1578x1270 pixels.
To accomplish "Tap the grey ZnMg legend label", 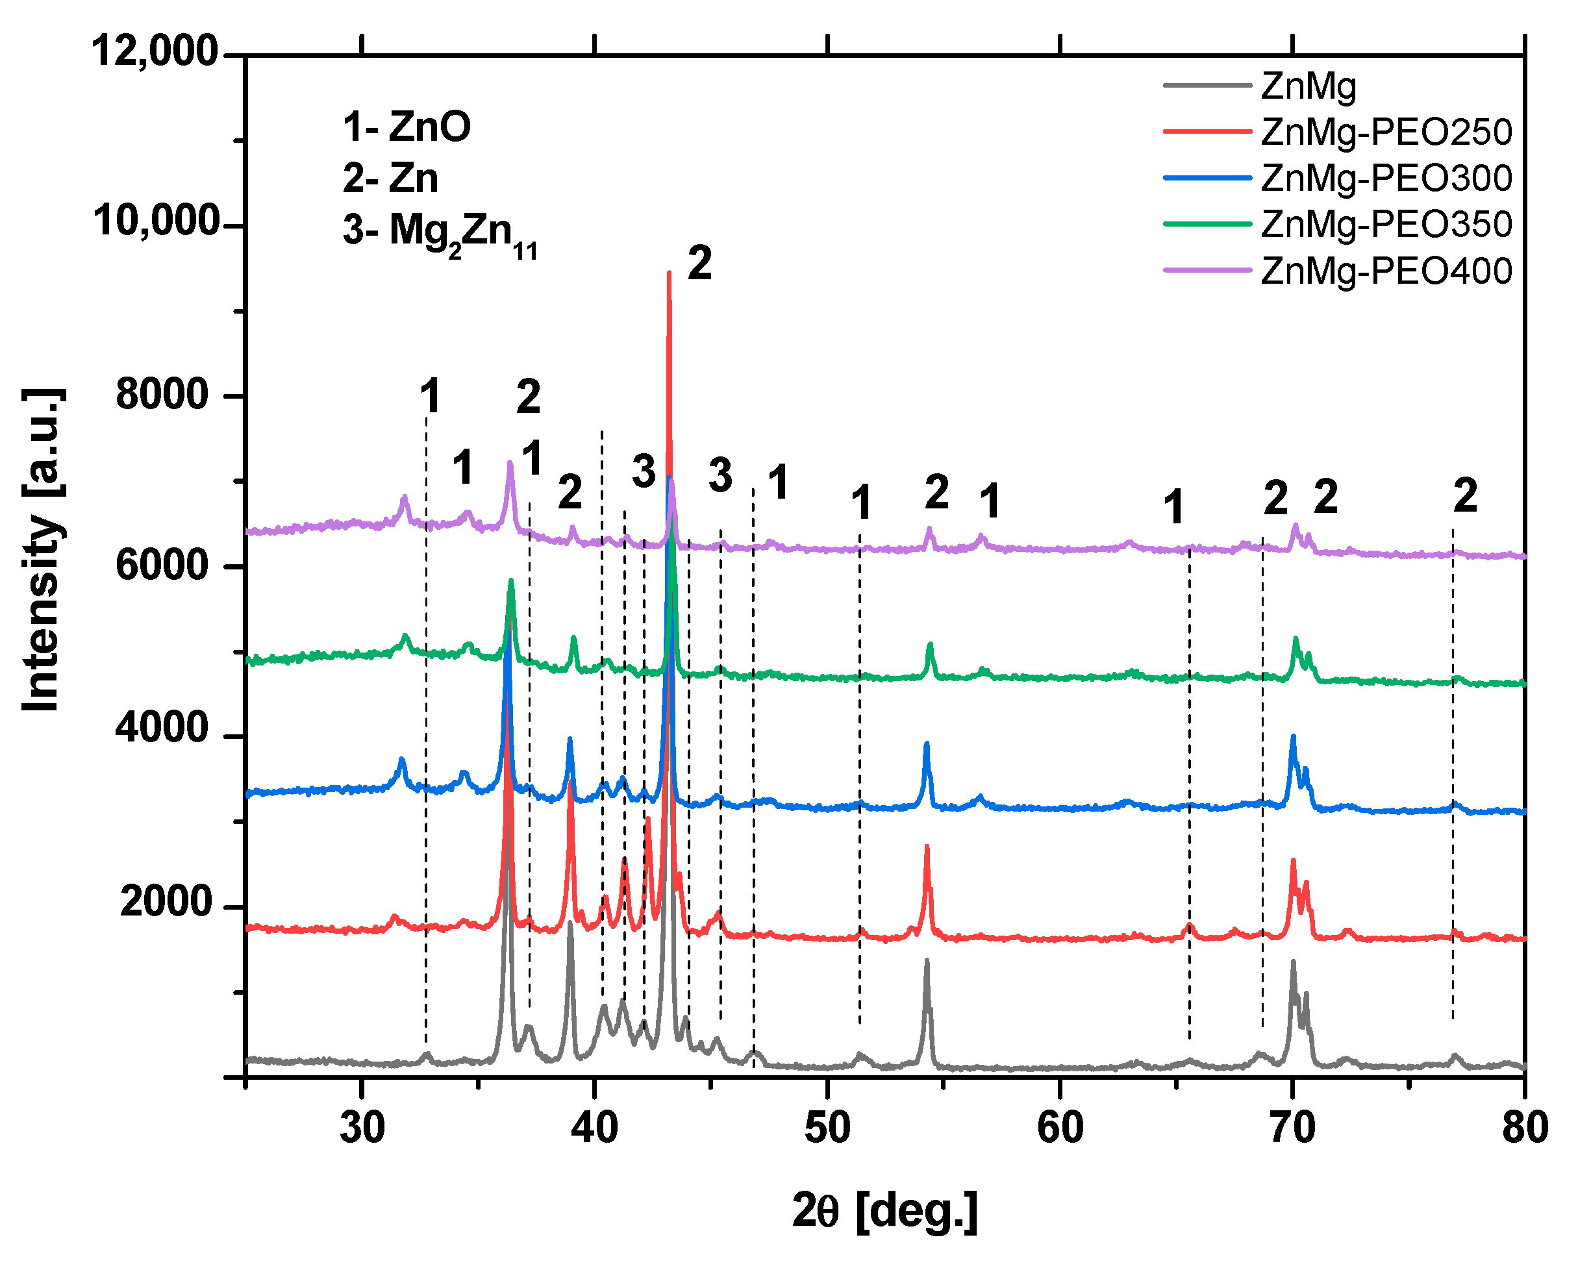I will (x=1308, y=87).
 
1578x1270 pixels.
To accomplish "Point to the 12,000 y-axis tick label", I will (x=155, y=52).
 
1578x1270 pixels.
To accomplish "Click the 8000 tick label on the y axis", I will (x=162, y=395).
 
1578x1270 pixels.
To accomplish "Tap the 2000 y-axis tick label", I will (x=165, y=902).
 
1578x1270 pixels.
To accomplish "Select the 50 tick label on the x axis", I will (x=827, y=1127).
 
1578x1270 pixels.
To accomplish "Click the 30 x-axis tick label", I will (x=362, y=1127).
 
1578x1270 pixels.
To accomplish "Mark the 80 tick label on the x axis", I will (x=1525, y=1127).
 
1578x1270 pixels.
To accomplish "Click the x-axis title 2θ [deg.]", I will (x=885, y=1212).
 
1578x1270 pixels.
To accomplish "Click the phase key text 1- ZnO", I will (x=407, y=127).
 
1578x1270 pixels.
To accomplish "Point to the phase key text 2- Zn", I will (x=391, y=179).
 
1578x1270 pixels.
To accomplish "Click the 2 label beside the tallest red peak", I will (x=699, y=264).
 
